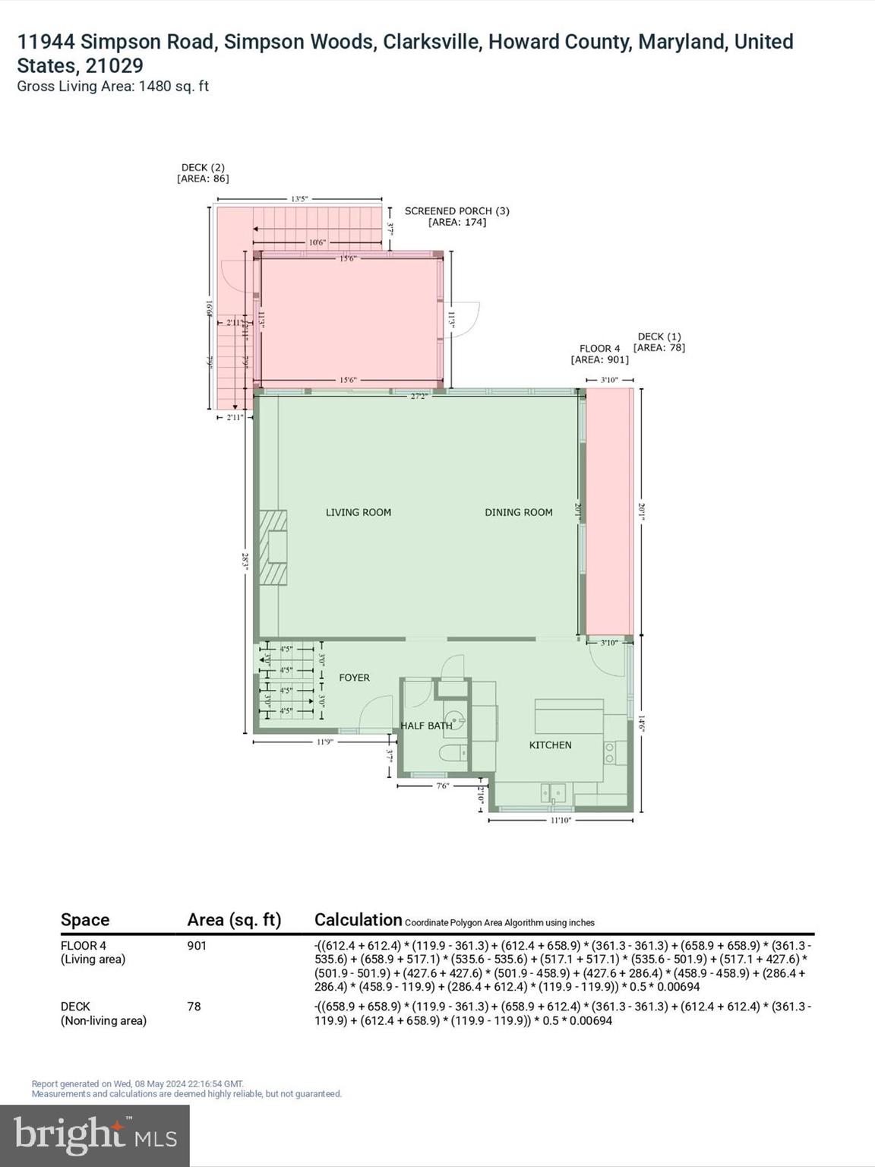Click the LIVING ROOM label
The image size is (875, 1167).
pos(359,512)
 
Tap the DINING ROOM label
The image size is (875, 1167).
pos(519,512)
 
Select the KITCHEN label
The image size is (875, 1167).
pos(550,745)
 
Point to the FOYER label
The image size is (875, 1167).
pos(354,677)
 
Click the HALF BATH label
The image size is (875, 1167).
pos(426,726)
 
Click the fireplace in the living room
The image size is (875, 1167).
pos(272,547)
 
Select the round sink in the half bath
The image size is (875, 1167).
pos(455,717)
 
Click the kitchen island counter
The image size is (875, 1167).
pos(569,716)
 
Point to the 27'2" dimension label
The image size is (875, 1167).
pos(419,396)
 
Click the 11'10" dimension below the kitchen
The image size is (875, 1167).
pos(561,821)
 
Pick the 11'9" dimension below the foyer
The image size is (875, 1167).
pos(325,742)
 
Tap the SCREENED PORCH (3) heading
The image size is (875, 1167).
pos(456,210)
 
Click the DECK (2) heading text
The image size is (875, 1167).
pos(203,167)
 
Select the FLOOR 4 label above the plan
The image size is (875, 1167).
pos(599,348)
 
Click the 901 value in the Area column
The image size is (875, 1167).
pos(197,946)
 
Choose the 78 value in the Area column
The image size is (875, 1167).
pos(194,1006)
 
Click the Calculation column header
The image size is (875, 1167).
pos(358,919)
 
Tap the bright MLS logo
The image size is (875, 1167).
pos(95,1136)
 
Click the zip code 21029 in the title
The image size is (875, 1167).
pos(113,65)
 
